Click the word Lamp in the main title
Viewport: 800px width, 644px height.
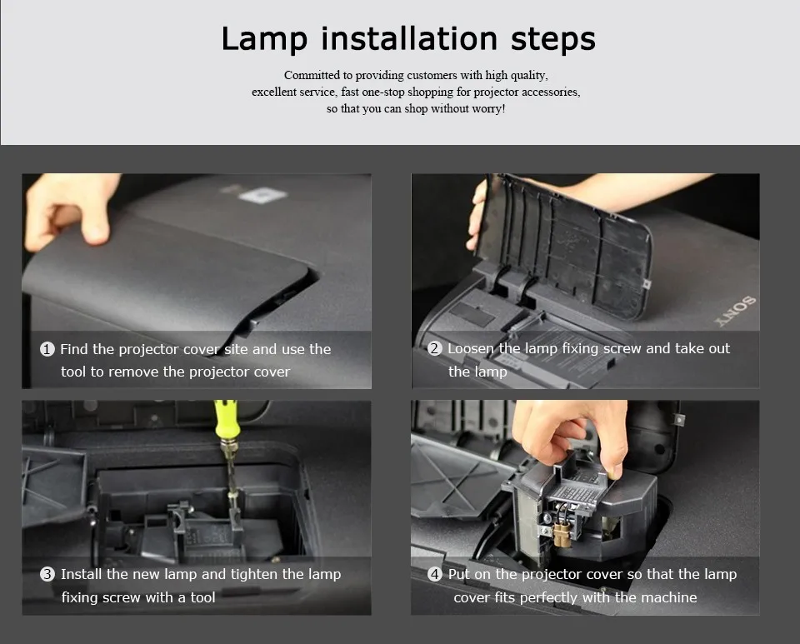point(264,39)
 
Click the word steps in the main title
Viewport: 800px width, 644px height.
point(553,38)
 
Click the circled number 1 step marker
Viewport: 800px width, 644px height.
point(47,349)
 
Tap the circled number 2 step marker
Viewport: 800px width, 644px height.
point(435,348)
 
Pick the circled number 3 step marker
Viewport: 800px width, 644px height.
point(47,574)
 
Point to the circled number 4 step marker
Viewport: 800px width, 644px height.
point(435,574)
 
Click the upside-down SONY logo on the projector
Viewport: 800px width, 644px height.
point(736,311)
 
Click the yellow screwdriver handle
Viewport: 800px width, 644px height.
point(227,420)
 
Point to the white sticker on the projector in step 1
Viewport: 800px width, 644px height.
point(262,195)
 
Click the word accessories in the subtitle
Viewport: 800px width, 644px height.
point(553,92)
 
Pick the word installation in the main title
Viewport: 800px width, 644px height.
point(409,39)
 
